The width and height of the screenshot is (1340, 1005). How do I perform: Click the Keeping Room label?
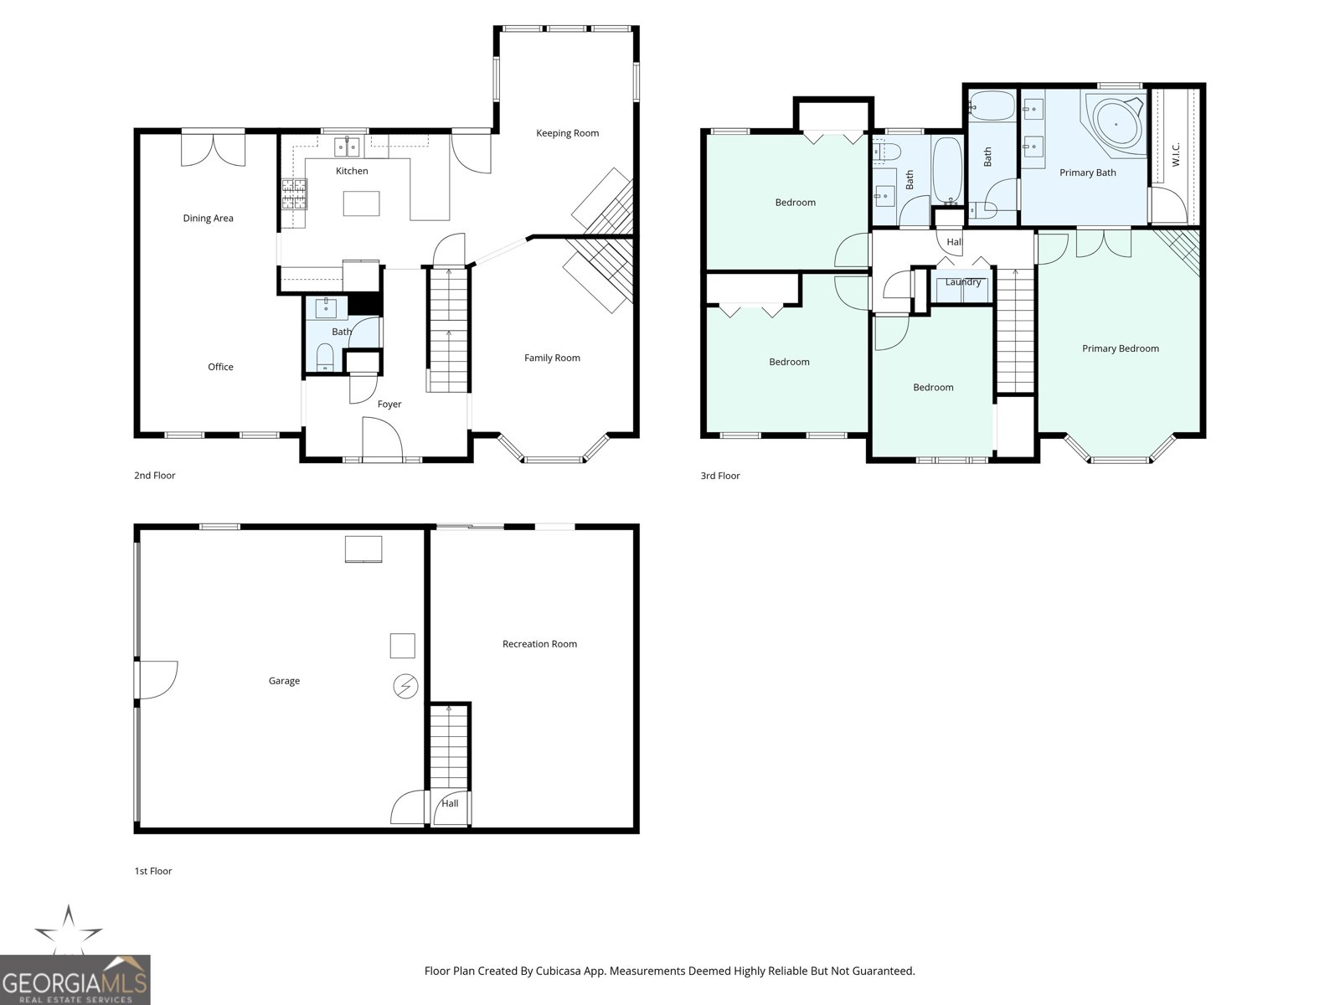[567, 133]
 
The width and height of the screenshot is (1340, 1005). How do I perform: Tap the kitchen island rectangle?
[361, 204]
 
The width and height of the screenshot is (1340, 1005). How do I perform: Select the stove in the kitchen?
[294, 193]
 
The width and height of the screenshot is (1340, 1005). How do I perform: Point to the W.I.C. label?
[1176, 154]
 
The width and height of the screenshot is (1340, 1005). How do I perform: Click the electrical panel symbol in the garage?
[405, 687]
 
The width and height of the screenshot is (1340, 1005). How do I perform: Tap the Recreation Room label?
[539, 644]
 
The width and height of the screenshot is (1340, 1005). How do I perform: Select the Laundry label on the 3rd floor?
[962, 282]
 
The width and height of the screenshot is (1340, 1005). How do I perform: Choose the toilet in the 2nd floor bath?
[325, 358]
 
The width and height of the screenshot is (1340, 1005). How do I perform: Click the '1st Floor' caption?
[153, 871]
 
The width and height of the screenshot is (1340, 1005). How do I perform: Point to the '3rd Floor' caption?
[720, 476]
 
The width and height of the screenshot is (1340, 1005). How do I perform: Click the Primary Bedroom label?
[1120, 348]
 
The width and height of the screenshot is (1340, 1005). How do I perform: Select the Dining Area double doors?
[214, 148]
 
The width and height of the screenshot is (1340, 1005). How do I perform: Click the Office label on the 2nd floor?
[220, 367]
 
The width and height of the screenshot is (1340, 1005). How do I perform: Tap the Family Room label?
[552, 358]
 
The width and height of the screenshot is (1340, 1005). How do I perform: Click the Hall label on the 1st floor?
[450, 803]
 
